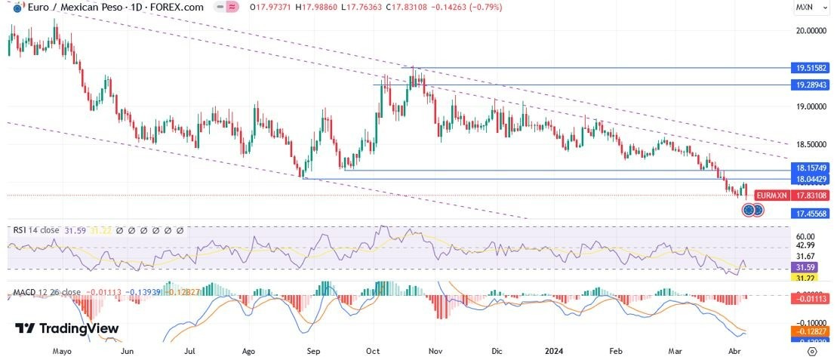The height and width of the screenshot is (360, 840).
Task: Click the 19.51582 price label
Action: click(x=811, y=67)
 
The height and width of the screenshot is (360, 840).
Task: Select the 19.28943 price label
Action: click(x=811, y=85)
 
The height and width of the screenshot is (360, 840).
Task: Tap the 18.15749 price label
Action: click(x=811, y=167)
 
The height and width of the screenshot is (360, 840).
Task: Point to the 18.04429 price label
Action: click(x=811, y=179)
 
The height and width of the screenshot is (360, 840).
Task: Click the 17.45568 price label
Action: click(x=811, y=214)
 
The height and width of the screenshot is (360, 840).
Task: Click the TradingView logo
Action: click(x=67, y=328)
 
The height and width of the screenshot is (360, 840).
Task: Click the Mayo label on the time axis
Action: click(x=62, y=352)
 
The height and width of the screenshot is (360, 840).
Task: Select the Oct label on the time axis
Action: click(x=372, y=352)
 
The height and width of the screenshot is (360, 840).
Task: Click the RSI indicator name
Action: click(x=17, y=229)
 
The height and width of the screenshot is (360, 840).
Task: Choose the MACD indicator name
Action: click(x=22, y=292)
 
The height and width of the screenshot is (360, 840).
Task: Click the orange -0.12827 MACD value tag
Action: click(x=811, y=331)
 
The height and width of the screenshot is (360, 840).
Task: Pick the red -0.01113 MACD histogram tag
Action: click(x=811, y=299)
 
